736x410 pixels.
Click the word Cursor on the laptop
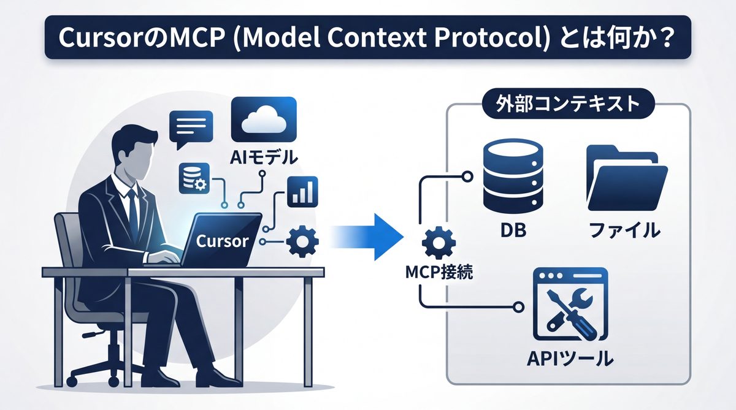(222, 240)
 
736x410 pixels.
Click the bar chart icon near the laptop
(302, 191)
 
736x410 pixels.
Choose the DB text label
(513, 232)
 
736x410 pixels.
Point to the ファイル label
(624, 231)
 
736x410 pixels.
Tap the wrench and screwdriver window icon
(570, 305)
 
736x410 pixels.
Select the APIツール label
(570, 357)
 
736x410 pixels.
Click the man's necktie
(132, 205)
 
